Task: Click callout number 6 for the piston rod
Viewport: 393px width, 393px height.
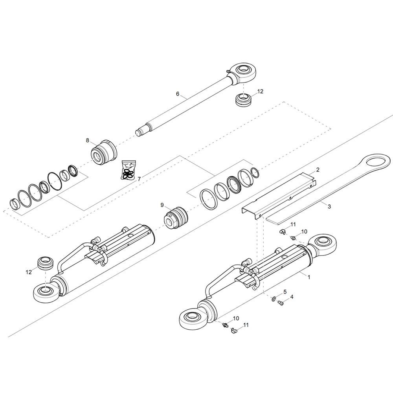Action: pyautogui.click(x=178, y=94)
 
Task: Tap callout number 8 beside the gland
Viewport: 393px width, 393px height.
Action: pyautogui.click(x=88, y=140)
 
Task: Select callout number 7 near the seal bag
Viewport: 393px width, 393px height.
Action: pyautogui.click(x=139, y=179)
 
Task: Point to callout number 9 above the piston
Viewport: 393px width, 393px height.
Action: pyautogui.click(x=162, y=205)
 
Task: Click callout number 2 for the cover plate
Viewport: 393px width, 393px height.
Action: pyautogui.click(x=318, y=170)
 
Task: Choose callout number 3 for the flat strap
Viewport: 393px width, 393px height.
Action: pyautogui.click(x=329, y=206)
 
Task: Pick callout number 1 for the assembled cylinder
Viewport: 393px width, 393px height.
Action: pyautogui.click(x=309, y=277)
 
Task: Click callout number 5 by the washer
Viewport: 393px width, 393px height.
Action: pyautogui.click(x=285, y=292)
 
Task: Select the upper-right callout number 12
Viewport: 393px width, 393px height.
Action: pyautogui.click(x=260, y=91)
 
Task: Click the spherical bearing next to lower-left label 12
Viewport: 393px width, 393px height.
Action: pyautogui.click(x=44, y=263)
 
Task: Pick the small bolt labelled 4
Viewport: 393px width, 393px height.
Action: pyautogui.click(x=281, y=303)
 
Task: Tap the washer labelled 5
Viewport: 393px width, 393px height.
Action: pyautogui.click(x=273, y=300)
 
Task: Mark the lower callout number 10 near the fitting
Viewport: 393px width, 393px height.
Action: pyautogui.click(x=236, y=318)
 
